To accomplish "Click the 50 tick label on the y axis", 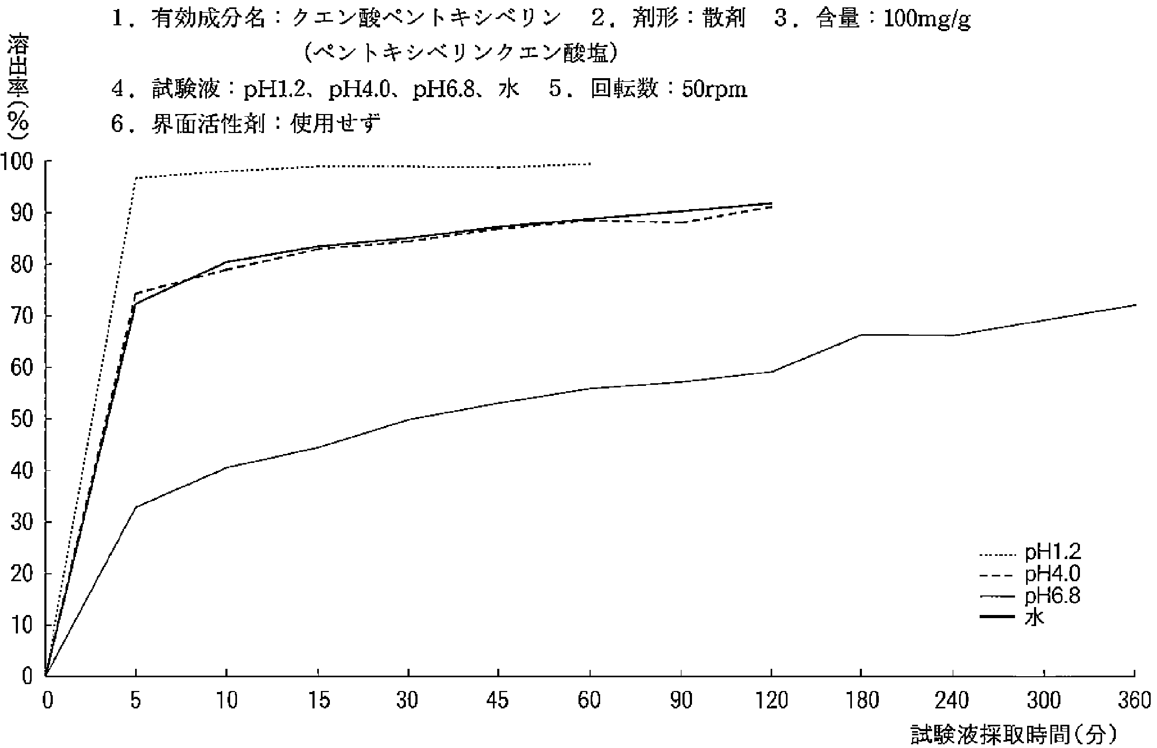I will pos(22,419).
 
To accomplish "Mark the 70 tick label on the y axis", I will pos(22,316).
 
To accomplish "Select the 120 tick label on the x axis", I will pos(771,701).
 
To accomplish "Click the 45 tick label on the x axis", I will pos(498,701).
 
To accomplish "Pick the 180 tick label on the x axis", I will pos(861,701).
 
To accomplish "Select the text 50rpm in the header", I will pos(714,90).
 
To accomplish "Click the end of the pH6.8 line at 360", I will pos(1134,305).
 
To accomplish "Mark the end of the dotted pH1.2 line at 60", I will pos(590,164).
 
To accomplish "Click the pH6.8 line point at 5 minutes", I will pos(136,507).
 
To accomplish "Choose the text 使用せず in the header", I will pos(335,125).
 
